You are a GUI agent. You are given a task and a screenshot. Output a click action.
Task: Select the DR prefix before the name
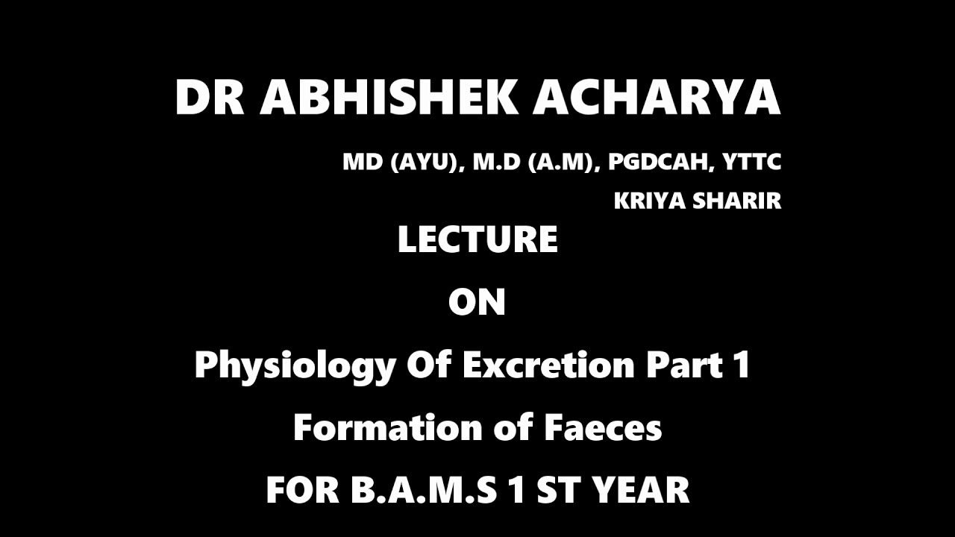pos(210,98)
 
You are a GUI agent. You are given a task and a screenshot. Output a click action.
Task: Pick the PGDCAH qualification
pos(660,163)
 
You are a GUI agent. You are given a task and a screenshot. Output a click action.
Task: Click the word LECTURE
pos(477,240)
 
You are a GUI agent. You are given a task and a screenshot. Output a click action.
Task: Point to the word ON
pos(477,303)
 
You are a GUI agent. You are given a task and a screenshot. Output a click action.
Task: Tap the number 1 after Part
pos(741,365)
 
